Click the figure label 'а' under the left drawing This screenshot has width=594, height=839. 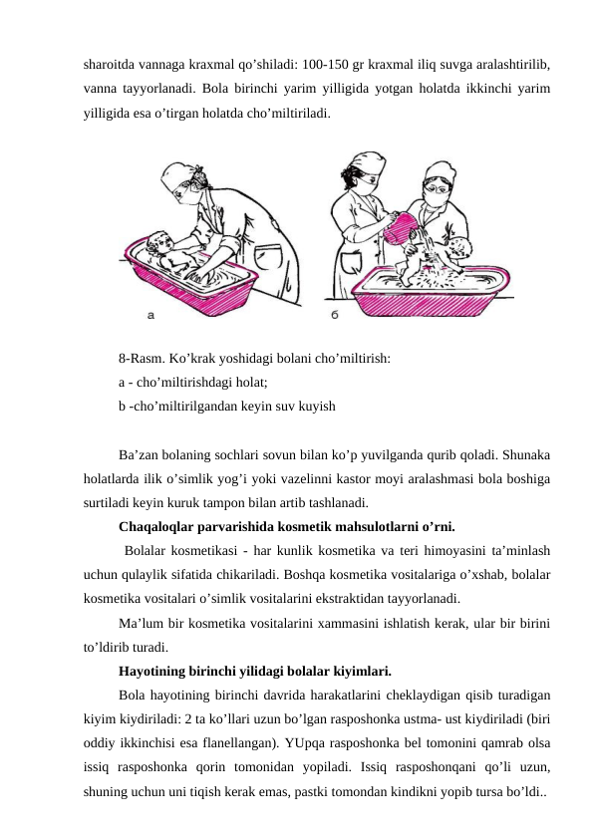click(150, 316)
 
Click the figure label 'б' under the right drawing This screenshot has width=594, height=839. click(335, 315)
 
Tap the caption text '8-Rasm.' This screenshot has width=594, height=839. click(142, 359)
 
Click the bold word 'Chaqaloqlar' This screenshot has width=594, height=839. click(156, 527)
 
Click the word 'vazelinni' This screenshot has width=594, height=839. click(300, 479)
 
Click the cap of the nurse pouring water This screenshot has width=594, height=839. click(366, 163)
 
